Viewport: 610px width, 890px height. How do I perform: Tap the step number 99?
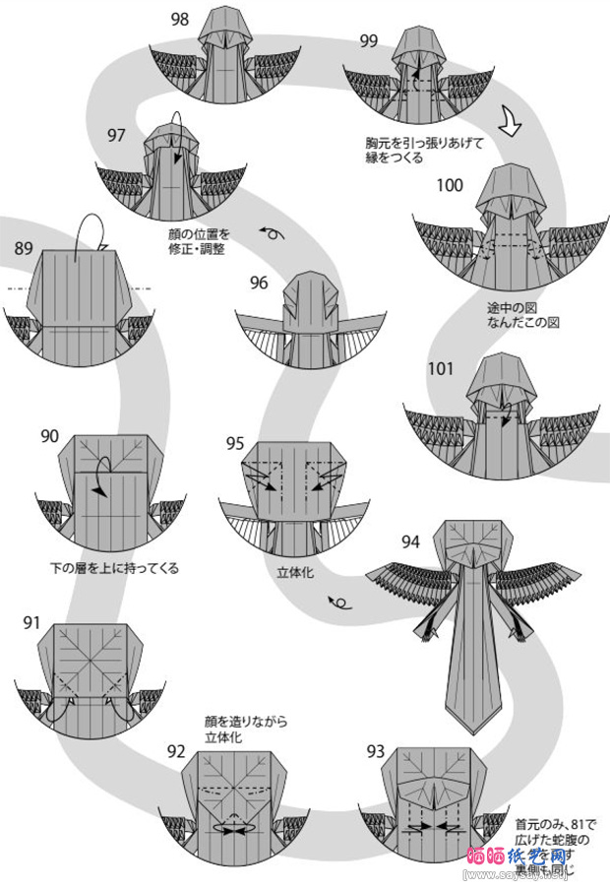point(368,40)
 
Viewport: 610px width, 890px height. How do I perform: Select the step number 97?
point(117,135)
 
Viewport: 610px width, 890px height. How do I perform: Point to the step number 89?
point(25,249)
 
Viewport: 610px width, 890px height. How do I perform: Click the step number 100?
point(450,185)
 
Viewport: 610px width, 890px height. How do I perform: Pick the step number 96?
point(259,283)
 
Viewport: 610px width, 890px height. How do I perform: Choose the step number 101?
point(441,369)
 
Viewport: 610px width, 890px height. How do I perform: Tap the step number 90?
point(51,434)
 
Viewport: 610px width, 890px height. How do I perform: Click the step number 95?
point(234,443)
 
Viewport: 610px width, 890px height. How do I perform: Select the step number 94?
point(410,540)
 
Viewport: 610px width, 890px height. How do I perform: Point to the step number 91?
point(31,622)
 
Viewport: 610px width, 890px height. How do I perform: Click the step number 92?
point(176,751)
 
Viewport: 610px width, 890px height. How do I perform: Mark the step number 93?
point(375,751)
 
